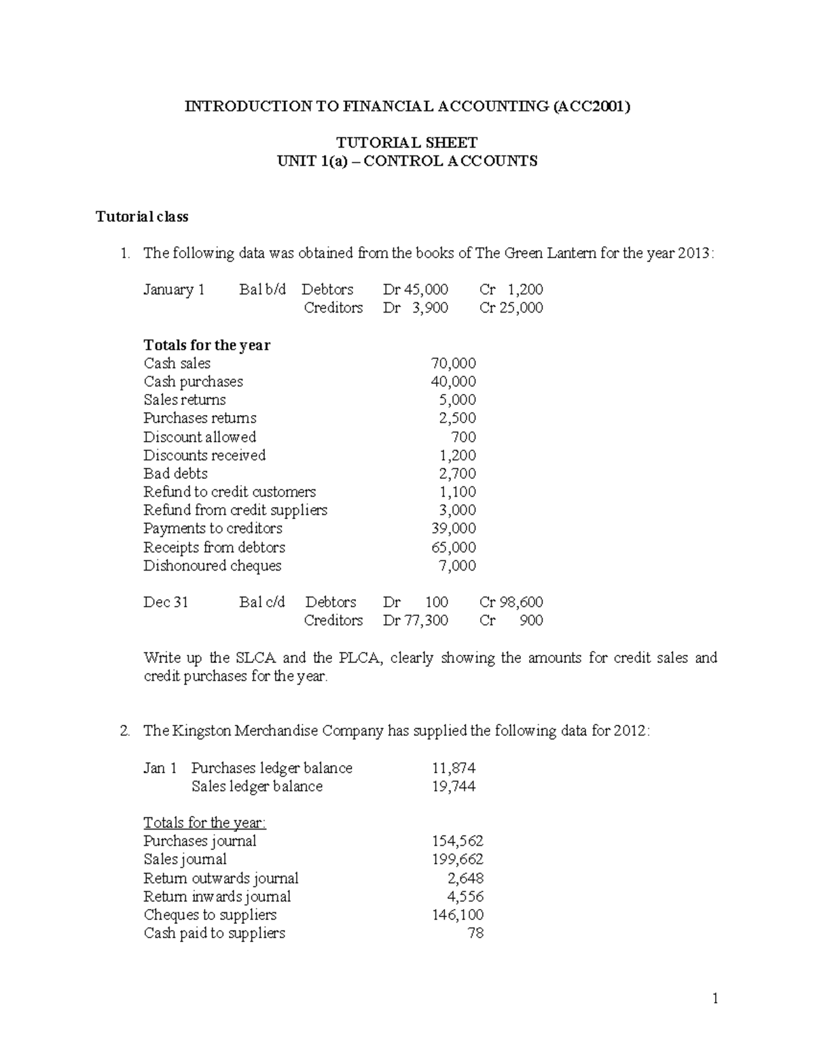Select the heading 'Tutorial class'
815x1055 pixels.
coord(142,217)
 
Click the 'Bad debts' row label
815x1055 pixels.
coord(175,473)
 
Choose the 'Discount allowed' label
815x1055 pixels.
coord(200,437)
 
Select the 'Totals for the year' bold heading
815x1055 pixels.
coord(206,345)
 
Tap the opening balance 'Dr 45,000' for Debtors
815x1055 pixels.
coord(415,290)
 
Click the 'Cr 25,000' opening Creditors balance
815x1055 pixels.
coord(511,308)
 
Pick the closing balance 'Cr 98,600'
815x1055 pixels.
coord(511,603)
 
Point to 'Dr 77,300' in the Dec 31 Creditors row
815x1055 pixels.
coord(415,620)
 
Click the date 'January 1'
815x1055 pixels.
coord(174,290)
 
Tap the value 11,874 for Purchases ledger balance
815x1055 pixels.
coord(453,768)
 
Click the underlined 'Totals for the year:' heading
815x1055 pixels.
coord(204,823)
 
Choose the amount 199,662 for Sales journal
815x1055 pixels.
coord(457,859)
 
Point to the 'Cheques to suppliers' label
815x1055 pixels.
coord(210,915)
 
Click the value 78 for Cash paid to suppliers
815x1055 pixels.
coord(475,933)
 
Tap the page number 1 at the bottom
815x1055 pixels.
coord(714,998)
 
